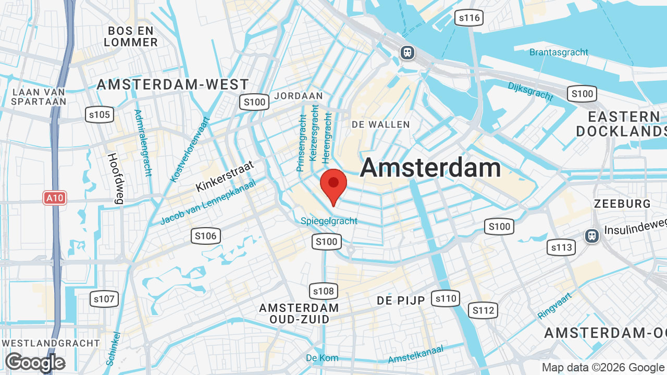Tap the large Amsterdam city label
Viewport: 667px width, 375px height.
pos(430,168)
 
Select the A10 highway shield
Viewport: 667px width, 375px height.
pos(55,198)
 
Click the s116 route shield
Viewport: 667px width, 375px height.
pos(469,18)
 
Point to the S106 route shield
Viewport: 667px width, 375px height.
pos(206,236)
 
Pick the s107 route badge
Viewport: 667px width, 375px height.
pos(104,299)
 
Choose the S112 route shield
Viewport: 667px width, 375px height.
pos(483,311)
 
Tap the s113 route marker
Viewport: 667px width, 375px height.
pos(561,247)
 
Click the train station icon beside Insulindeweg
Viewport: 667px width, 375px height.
pos(592,236)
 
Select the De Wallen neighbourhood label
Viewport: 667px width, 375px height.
pos(381,124)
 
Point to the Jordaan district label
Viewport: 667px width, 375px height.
pos(299,96)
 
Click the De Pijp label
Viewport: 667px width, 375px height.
pos(401,301)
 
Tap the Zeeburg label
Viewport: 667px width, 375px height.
pos(622,204)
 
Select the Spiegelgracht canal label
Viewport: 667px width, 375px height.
pos(329,221)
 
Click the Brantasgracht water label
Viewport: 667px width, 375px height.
pos(559,52)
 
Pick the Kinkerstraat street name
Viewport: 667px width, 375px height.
pos(225,176)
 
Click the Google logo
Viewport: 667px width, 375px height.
pos(35,362)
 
